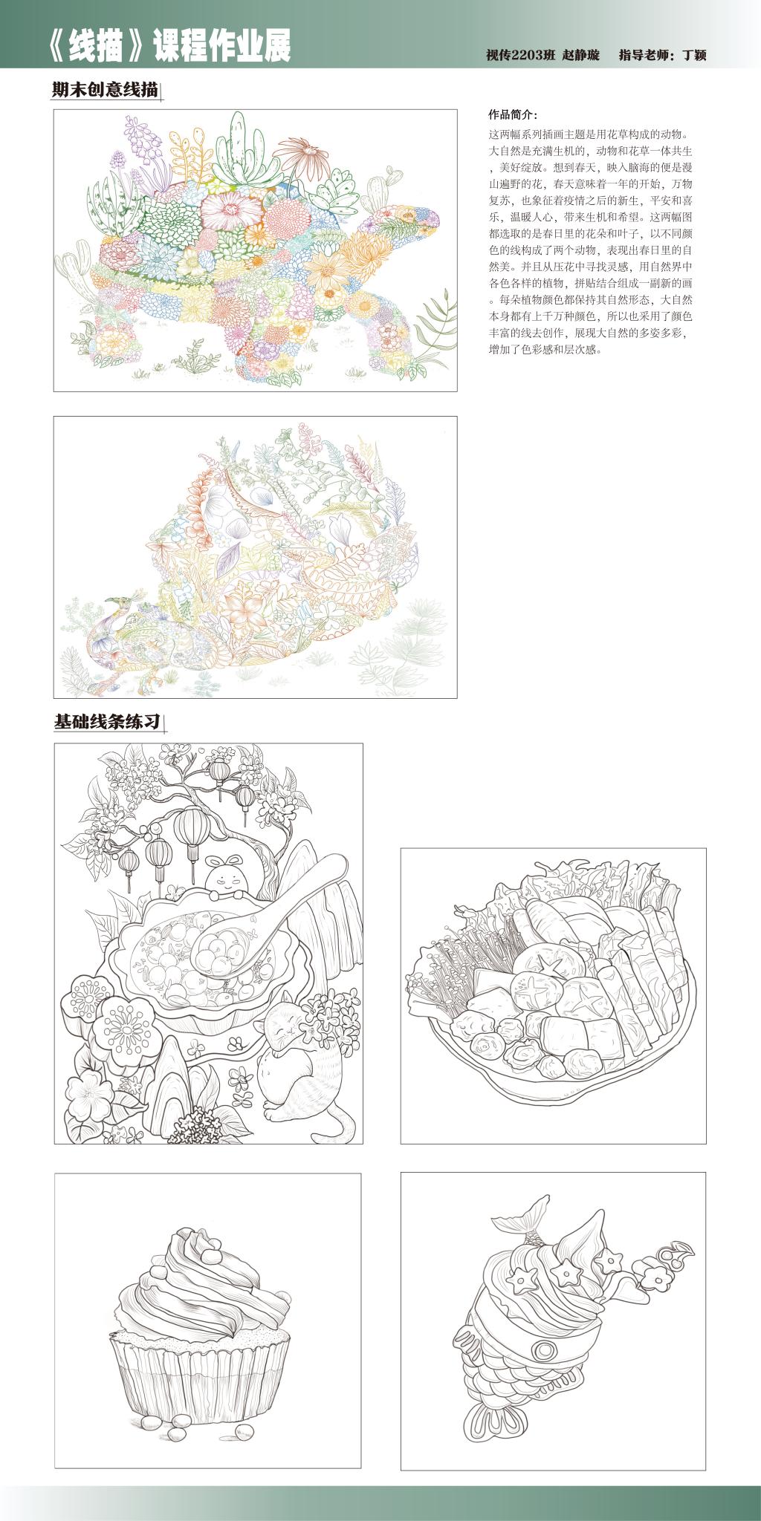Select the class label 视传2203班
519,55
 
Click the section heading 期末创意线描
105,90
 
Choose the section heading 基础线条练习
108,721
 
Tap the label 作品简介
512,115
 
